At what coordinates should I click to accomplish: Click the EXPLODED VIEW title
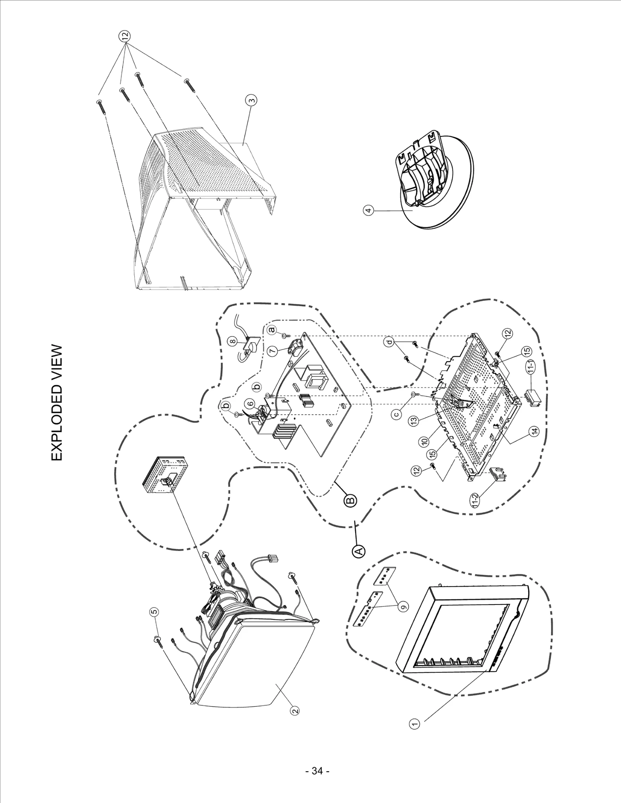point(57,403)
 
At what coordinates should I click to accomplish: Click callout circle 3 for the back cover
point(252,101)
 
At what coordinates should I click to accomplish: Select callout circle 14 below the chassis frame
point(534,430)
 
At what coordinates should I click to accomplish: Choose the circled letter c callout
point(396,414)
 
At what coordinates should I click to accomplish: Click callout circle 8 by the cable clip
point(232,341)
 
